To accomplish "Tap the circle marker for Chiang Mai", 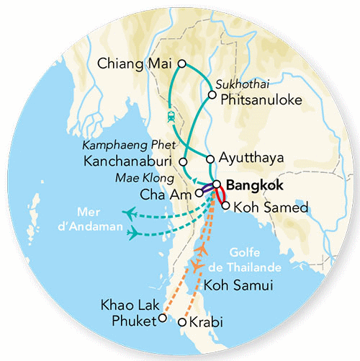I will [182, 63].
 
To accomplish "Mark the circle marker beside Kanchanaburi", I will [184, 161].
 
